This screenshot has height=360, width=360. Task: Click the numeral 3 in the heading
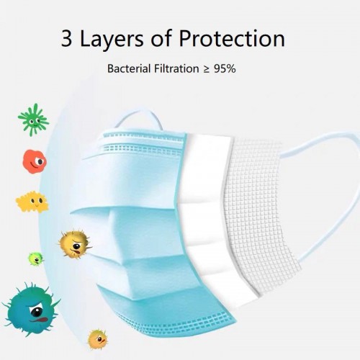point(66,38)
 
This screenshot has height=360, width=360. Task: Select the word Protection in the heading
point(232,38)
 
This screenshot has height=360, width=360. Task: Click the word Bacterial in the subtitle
point(129,68)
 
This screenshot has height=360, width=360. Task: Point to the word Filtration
point(176,68)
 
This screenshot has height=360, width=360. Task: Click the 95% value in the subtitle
point(225,69)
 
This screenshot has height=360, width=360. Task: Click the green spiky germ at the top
point(33,120)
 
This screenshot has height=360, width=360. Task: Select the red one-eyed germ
point(35,161)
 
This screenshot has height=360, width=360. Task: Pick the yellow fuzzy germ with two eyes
point(32,202)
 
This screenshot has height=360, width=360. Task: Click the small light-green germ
point(36,258)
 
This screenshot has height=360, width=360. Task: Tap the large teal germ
point(31,310)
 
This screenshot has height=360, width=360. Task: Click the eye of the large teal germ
point(37,312)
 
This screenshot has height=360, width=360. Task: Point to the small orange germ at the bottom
point(97,339)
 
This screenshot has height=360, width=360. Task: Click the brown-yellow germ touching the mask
point(75,244)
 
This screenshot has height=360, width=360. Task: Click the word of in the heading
point(161,38)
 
